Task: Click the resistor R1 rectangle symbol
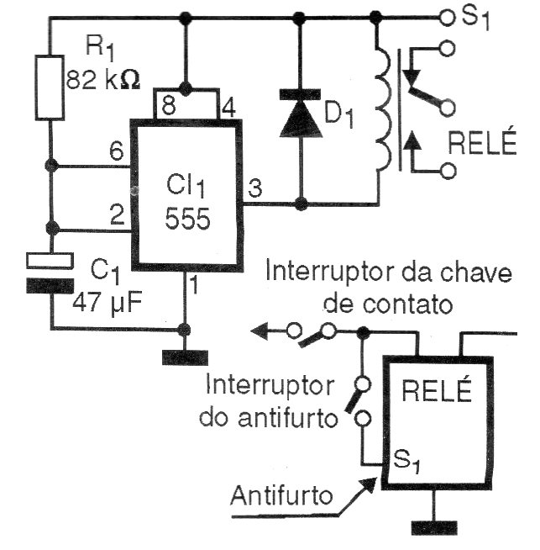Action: pyautogui.click(x=50, y=87)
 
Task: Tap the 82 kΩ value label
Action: pyautogui.click(x=102, y=80)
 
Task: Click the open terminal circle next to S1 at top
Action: pyautogui.click(x=446, y=16)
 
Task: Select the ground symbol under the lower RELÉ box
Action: pyautogui.click(x=434, y=527)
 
